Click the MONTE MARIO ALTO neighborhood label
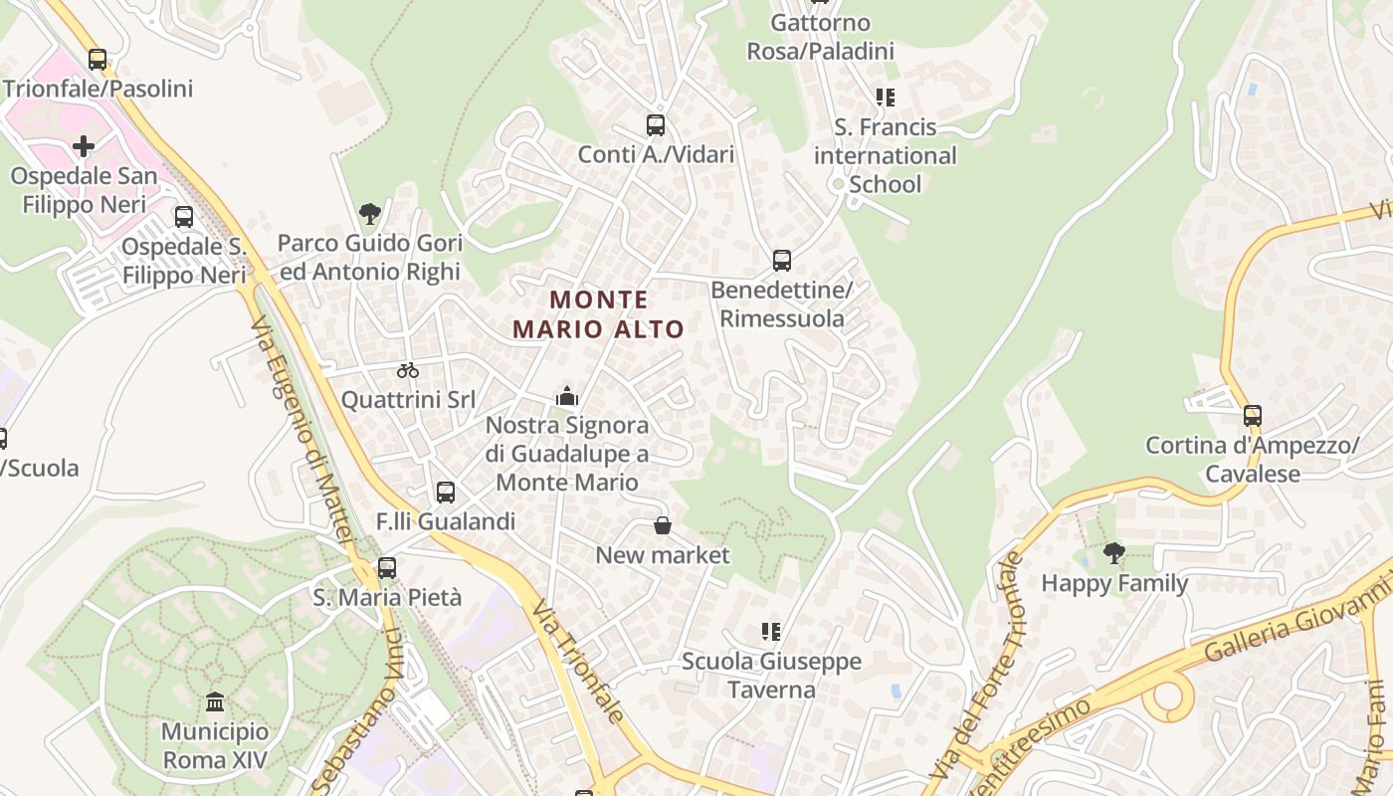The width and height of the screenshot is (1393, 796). [599, 313]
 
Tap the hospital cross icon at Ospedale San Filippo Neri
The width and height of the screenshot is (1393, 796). [84, 147]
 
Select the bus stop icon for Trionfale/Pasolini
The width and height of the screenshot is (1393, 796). [97, 60]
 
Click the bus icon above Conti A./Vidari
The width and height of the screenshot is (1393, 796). [655, 125]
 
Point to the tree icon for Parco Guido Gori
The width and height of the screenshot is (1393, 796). [369, 213]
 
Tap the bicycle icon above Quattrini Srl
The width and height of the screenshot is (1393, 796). [408, 370]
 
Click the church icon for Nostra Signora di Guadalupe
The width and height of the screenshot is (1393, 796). [567, 397]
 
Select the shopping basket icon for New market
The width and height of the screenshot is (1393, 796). [663, 525]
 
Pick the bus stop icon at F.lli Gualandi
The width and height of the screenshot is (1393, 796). [445, 492]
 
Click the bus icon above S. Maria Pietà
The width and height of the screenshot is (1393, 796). [387, 568]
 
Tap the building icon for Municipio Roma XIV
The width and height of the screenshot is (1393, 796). [215, 702]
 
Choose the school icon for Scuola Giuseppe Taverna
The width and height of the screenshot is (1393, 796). [771, 631]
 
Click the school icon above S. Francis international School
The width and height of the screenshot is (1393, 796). [885, 98]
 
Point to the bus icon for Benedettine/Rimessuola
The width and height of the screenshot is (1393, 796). [782, 261]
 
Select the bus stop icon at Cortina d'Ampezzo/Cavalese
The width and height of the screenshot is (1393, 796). [1252, 416]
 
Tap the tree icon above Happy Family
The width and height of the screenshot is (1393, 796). [1114, 552]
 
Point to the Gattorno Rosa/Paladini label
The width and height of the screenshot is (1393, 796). [821, 37]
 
